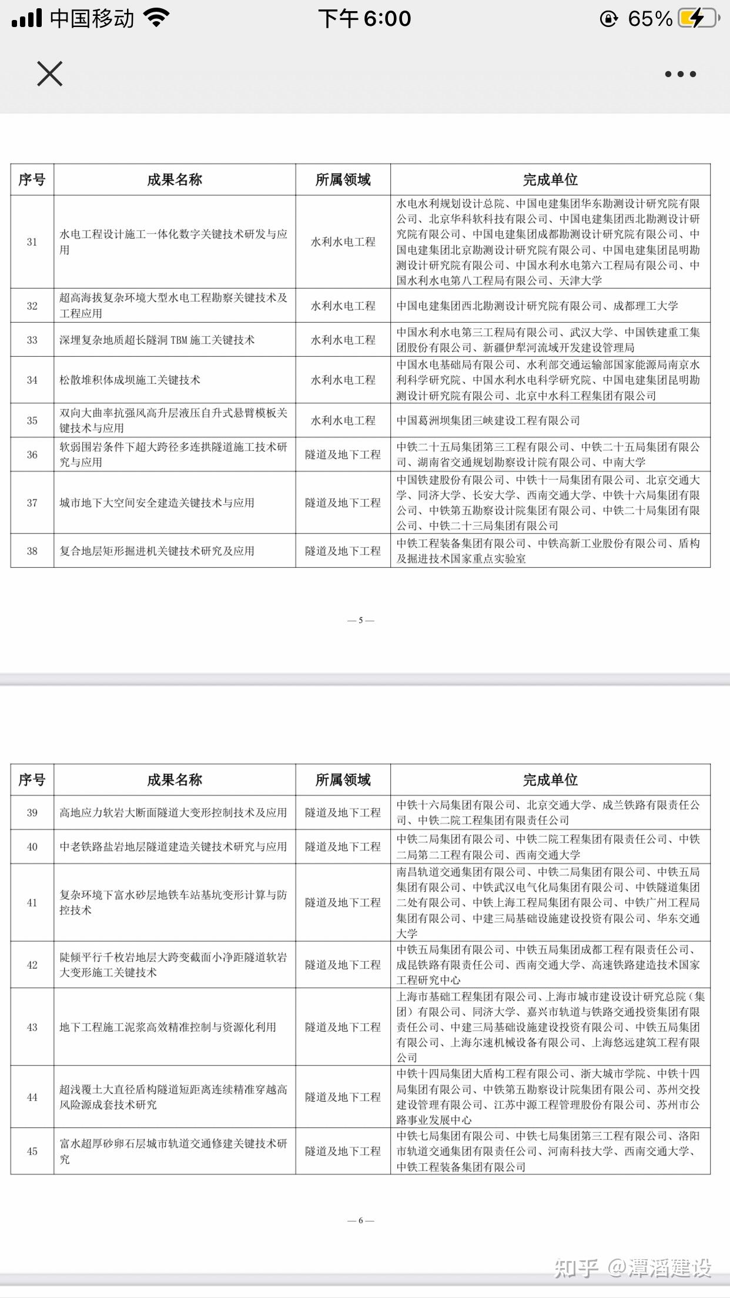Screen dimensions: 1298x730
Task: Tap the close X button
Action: pyautogui.click(x=49, y=74)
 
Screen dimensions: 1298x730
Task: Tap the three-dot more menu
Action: pyautogui.click(x=680, y=74)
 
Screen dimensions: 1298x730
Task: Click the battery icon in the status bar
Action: pyautogui.click(x=698, y=19)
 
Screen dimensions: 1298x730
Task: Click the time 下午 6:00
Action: pyautogui.click(x=364, y=19)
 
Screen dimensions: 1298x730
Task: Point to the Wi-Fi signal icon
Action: pyautogui.click(x=156, y=18)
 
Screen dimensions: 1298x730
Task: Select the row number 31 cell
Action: pyautogui.click(x=32, y=242)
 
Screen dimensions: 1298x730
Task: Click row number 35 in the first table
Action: pyautogui.click(x=32, y=420)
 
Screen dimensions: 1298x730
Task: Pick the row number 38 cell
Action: pyautogui.click(x=32, y=551)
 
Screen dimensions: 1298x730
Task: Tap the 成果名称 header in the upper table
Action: pyautogui.click(x=175, y=180)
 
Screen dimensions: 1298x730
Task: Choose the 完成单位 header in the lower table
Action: pyautogui.click(x=550, y=780)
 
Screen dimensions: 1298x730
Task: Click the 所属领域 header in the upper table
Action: pyautogui.click(x=343, y=180)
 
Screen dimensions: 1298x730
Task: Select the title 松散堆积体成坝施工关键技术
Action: pyautogui.click(x=130, y=380)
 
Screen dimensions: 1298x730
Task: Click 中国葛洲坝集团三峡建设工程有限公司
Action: pyautogui.click(x=488, y=420)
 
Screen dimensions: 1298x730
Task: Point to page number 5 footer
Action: pyautogui.click(x=361, y=620)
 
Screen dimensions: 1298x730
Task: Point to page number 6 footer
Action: pyautogui.click(x=361, y=1220)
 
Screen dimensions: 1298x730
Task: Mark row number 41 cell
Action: pyautogui.click(x=32, y=902)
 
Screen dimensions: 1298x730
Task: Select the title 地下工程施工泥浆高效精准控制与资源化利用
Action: pyautogui.click(x=168, y=1027)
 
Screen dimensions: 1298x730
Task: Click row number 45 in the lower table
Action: pyautogui.click(x=32, y=1151)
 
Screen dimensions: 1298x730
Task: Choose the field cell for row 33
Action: pyautogui.click(x=343, y=340)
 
